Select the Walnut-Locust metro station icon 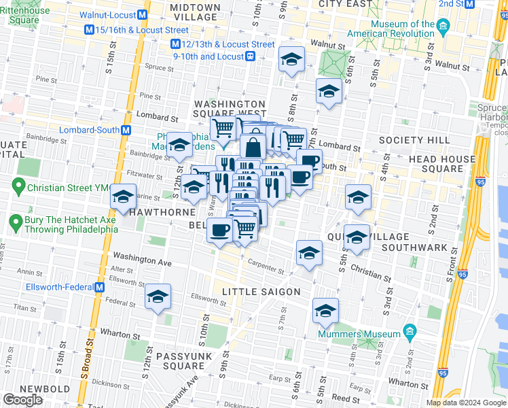pos(143,14)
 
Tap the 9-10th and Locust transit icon pos(251,57)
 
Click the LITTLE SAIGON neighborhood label pos(261,292)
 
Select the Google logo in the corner pos(23,400)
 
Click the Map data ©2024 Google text pos(466,403)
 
